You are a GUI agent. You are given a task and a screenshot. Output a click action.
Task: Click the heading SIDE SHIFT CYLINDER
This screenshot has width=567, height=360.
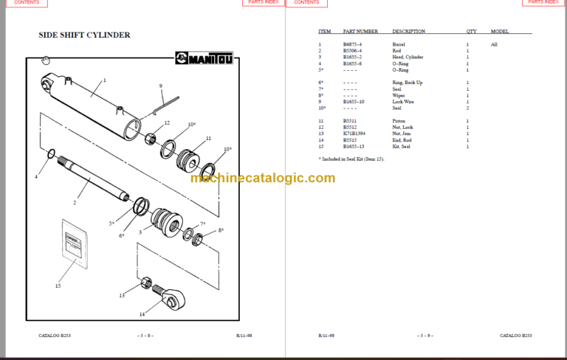[84, 35]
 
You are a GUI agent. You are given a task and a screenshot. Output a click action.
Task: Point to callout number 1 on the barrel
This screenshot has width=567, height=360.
[104, 80]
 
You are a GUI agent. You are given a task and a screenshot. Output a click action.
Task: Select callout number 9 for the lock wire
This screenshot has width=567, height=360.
[160, 86]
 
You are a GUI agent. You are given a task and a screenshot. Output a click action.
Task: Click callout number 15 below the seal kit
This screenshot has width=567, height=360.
[58, 285]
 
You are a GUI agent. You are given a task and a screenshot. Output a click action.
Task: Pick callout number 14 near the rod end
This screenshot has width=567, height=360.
[142, 314]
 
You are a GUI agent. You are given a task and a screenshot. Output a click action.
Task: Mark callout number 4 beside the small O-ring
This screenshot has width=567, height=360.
[35, 177]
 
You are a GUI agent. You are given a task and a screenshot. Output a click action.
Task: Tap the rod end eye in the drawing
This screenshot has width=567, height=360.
[177, 299]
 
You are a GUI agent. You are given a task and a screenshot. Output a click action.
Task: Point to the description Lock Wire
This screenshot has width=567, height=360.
[403, 101]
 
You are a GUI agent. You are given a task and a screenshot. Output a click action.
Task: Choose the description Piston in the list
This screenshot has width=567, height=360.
[399, 120]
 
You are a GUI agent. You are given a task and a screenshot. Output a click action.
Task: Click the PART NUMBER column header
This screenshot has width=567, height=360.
[360, 32]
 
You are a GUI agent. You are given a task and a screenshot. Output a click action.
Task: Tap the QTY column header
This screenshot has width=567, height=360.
[471, 32]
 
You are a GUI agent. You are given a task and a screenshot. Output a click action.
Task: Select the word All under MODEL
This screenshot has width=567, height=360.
[494, 44]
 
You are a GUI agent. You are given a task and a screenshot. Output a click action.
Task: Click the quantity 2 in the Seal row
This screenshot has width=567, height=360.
[467, 108]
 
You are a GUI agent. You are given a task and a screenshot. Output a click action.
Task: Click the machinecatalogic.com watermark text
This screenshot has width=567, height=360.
[262, 178]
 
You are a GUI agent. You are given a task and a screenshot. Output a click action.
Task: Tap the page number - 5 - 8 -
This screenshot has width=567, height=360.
[145, 335]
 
